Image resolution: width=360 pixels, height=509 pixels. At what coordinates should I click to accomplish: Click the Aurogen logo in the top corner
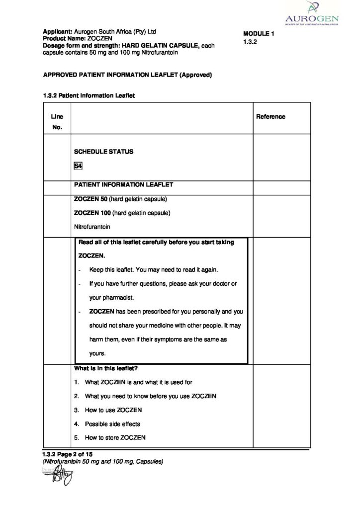coord(313,14)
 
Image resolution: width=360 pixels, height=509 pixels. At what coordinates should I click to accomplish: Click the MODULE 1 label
coord(259,34)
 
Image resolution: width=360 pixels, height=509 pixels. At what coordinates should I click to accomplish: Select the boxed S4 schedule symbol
coord(78,166)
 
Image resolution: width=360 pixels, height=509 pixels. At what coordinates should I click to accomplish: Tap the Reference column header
coord(270,117)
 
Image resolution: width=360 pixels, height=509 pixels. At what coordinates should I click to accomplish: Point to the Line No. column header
coord(57,122)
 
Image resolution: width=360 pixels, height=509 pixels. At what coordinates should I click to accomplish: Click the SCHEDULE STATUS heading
coord(103,152)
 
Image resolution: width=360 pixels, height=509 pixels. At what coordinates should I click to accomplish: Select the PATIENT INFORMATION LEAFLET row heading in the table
coord(123,184)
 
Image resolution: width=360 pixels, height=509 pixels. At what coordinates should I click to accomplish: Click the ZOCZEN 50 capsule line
coord(120,199)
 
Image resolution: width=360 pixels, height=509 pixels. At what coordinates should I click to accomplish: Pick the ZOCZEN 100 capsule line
coord(122,213)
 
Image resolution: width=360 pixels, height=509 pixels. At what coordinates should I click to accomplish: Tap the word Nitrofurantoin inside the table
coord(92,227)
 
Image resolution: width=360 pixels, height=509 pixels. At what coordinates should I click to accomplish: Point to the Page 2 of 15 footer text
coord(68,454)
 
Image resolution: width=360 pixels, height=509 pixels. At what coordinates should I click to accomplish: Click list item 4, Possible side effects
coord(112,424)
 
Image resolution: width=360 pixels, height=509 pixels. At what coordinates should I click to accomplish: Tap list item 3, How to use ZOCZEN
coord(113,410)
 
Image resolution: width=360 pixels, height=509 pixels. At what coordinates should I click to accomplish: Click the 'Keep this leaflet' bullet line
coord(153,269)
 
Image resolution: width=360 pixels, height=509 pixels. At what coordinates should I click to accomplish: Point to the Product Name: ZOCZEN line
coord(78,38)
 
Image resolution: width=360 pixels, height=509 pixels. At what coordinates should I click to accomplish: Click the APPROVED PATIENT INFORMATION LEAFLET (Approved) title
coord(128,75)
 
